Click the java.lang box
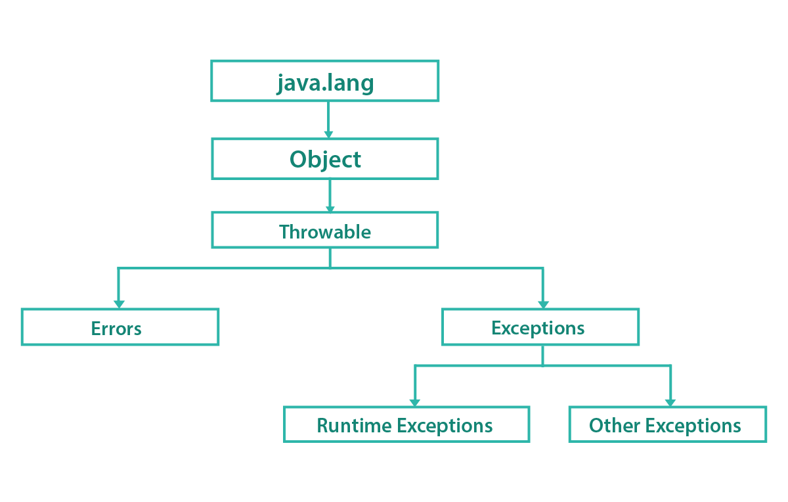coord(325,81)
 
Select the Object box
coord(325,159)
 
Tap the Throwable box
coord(325,230)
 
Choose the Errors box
coord(120,327)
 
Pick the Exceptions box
coord(540,327)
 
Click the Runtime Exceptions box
coord(406,424)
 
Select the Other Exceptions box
coord(667,424)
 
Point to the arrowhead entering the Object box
coord(328,135)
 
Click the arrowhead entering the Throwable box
coord(330,210)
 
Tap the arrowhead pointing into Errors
coord(119,304)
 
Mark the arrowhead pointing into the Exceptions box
coord(543,304)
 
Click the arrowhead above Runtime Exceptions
coord(415,403)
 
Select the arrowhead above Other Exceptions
coord(670,403)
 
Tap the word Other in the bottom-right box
coord(614,425)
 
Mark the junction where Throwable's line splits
coord(330,267)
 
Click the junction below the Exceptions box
coord(542,365)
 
